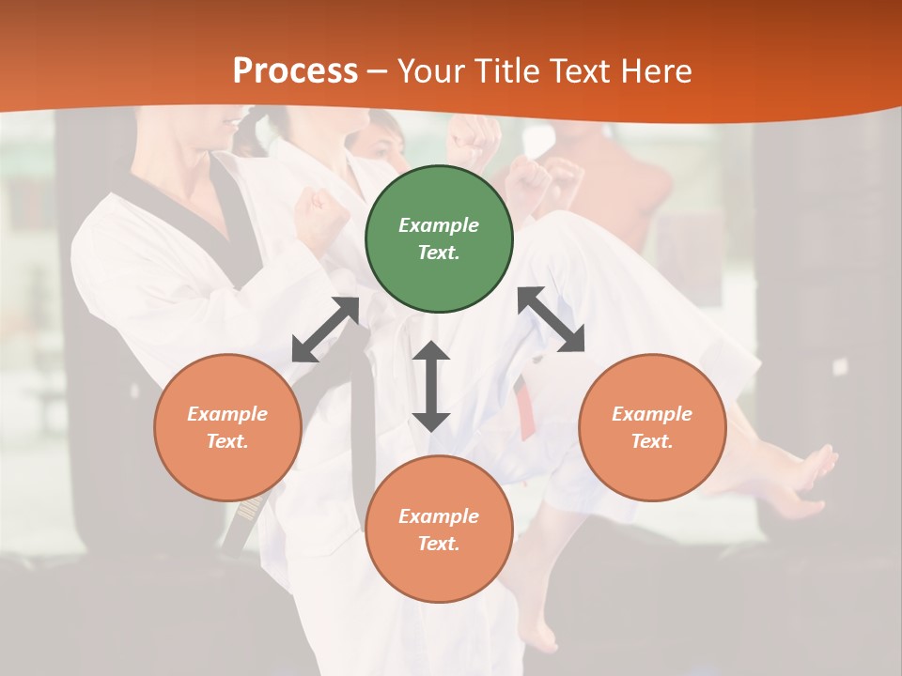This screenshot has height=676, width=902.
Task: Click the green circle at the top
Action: point(439,238)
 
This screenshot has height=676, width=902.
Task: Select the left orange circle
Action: point(227,427)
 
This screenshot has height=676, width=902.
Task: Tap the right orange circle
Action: point(652,427)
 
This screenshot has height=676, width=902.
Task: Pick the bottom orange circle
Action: point(439,530)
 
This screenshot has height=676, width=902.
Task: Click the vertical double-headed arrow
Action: point(431,386)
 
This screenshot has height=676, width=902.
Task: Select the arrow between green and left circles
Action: point(326,330)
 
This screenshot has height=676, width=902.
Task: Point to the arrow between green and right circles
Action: point(551,319)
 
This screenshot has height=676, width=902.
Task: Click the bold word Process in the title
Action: point(295,71)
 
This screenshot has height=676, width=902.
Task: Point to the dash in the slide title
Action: point(378,71)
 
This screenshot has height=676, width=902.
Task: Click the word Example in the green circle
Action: point(439,225)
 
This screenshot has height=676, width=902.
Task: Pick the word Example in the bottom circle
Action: point(439,516)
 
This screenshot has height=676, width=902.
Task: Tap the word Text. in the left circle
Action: point(227,441)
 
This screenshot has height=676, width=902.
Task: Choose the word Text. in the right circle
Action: point(652,441)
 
